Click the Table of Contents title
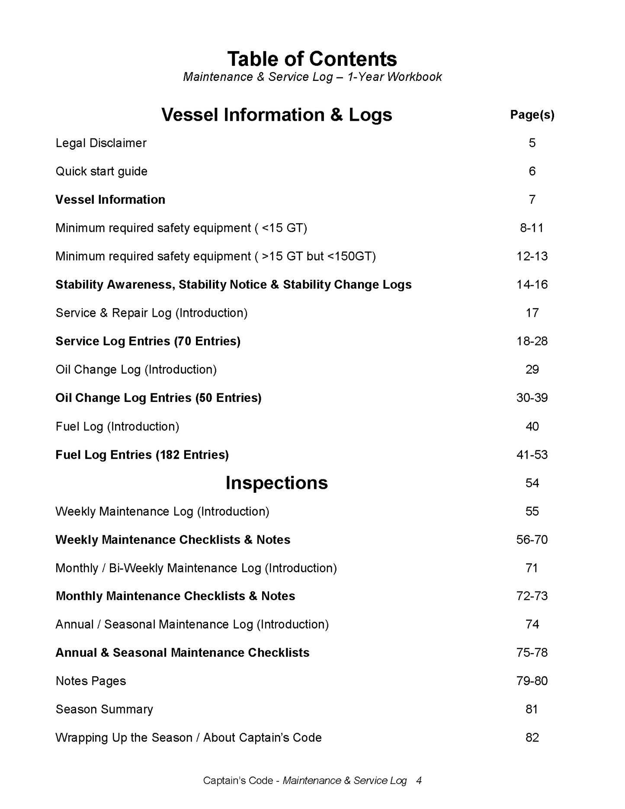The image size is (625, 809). pos(312,59)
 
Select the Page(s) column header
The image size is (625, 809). pos(532,115)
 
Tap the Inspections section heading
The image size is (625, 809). pos(276,483)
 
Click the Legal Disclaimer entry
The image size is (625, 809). pos(101,143)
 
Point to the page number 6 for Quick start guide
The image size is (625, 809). pos(532,171)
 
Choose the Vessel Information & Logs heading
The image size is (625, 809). pos(276,115)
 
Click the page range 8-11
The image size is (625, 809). pos(532,228)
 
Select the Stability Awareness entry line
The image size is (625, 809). pos(233,285)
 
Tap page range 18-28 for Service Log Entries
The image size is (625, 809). pos(532,341)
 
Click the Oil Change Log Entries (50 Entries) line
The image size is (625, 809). pos(158,398)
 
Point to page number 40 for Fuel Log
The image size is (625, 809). pos(532,427)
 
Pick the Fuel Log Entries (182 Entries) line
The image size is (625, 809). pos(142,455)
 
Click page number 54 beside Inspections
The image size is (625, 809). pos(532,483)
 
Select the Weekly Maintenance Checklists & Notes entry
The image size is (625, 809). pos(173,539)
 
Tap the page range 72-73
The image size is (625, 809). pos(532,596)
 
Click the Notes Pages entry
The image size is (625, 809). pos(91,681)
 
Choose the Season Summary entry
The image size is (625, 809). pos(104,709)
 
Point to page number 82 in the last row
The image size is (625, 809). pos(532,738)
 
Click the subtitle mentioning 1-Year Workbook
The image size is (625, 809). pos(312,77)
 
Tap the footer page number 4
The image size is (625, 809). pos(419,780)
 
